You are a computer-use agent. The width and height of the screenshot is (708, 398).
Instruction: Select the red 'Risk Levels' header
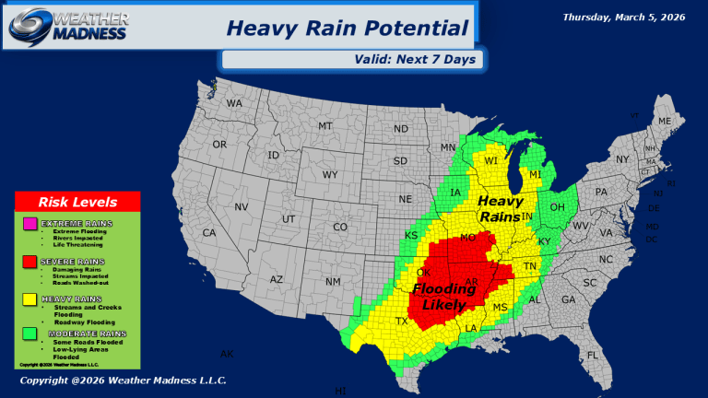click(77, 202)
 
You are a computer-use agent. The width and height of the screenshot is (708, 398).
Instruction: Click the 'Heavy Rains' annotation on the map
click(501, 209)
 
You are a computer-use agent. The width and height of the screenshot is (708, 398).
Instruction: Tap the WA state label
click(234, 103)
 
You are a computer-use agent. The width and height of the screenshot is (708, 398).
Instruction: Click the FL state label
click(593, 355)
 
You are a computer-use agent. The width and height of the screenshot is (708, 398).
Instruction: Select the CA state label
click(209, 233)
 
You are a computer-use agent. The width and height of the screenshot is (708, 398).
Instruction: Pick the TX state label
click(402, 321)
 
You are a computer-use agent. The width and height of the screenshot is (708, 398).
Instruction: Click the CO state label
click(340, 227)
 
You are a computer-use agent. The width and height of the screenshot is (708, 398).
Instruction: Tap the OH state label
click(557, 207)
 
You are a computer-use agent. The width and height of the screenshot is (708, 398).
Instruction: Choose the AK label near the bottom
click(227, 354)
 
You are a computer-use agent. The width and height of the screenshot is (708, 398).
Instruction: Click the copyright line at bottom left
click(123, 380)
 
